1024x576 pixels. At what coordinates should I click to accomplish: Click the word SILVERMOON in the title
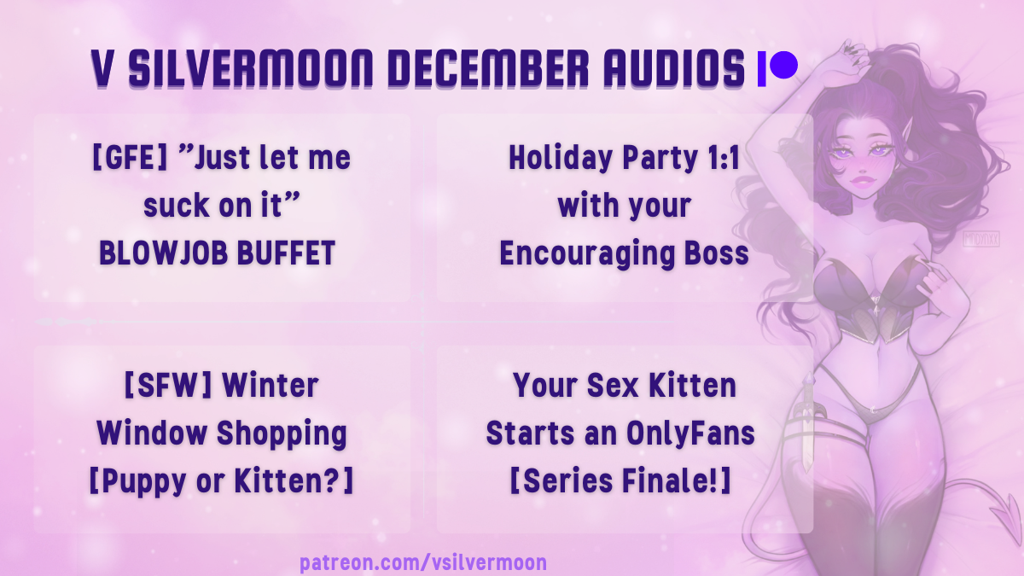(251, 68)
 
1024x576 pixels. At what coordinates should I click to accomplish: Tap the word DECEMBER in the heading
(488, 68)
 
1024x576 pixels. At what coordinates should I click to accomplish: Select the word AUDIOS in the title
(674, 68)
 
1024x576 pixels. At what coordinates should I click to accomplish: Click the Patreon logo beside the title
(777, 68)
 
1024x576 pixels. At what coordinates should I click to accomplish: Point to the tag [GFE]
(130, 157)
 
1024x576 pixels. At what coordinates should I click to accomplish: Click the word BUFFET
(286, 253)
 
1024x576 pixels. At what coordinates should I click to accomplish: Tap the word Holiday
(561, 159)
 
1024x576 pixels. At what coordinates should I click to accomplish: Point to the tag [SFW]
(168, 386)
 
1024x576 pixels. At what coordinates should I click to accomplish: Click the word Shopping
(282, 434)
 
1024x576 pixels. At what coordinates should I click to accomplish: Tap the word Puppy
(143, 482)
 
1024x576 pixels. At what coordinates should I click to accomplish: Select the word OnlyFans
(690, 433)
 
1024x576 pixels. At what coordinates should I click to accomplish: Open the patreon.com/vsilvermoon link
(423, 562)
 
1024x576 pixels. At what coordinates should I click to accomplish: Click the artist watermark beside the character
(981, 239)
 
